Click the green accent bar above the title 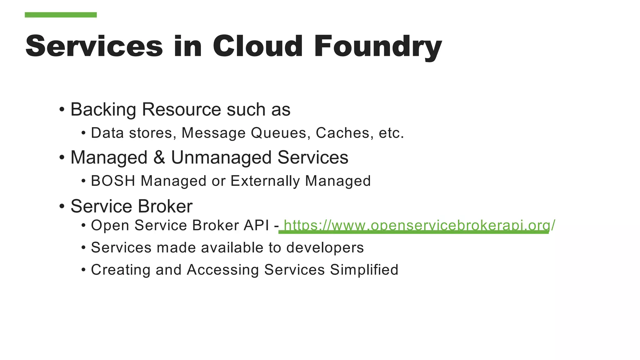click(61, 15)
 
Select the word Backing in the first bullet click(103, 110)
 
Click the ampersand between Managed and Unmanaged click(159, 157)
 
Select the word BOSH click(113, 181)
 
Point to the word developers click(325, 248)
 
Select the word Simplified click(364, 270)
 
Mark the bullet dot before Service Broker click(62, 206)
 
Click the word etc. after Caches click(391, 133)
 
